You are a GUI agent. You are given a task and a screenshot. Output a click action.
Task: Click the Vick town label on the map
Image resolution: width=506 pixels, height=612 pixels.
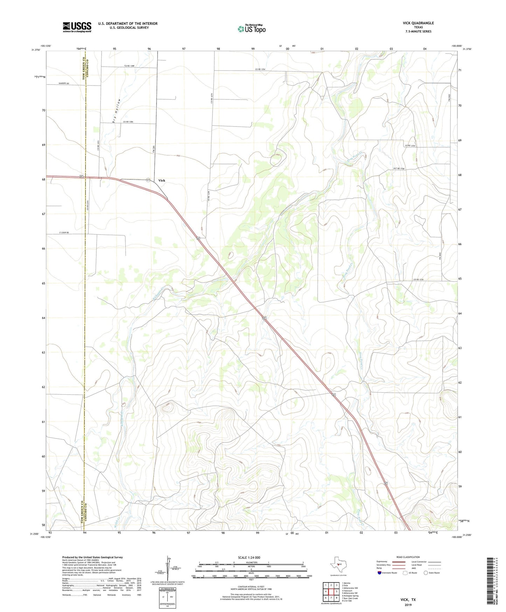click(161, 181)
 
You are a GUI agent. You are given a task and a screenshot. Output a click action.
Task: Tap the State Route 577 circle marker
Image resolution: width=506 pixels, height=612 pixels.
click(148, 180)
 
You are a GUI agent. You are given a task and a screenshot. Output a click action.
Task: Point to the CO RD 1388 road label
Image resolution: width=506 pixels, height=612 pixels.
click(129, 66)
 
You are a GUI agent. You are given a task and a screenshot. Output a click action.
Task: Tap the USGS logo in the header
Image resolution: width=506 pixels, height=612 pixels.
click(77, 27)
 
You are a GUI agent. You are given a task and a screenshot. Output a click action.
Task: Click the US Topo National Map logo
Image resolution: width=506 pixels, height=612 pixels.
click(251, 28)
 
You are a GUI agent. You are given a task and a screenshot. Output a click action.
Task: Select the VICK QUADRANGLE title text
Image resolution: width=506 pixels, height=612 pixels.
click(418, 23)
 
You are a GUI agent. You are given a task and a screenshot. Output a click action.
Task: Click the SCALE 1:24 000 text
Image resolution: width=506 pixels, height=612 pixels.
click(249, 557)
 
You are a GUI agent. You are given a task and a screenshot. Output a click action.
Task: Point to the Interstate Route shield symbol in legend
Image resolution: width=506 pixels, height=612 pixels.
click(380, 573)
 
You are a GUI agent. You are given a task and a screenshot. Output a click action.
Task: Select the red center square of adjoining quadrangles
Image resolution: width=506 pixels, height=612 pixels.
click(331, 592)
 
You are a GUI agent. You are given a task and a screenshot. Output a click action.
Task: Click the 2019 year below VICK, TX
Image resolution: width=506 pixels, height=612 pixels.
click(408, 605)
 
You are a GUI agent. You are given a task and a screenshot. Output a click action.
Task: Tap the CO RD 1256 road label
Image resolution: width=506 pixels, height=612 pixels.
click(418, 279)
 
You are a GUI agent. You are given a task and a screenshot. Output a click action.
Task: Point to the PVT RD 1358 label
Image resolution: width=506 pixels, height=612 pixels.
click(399, 169)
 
